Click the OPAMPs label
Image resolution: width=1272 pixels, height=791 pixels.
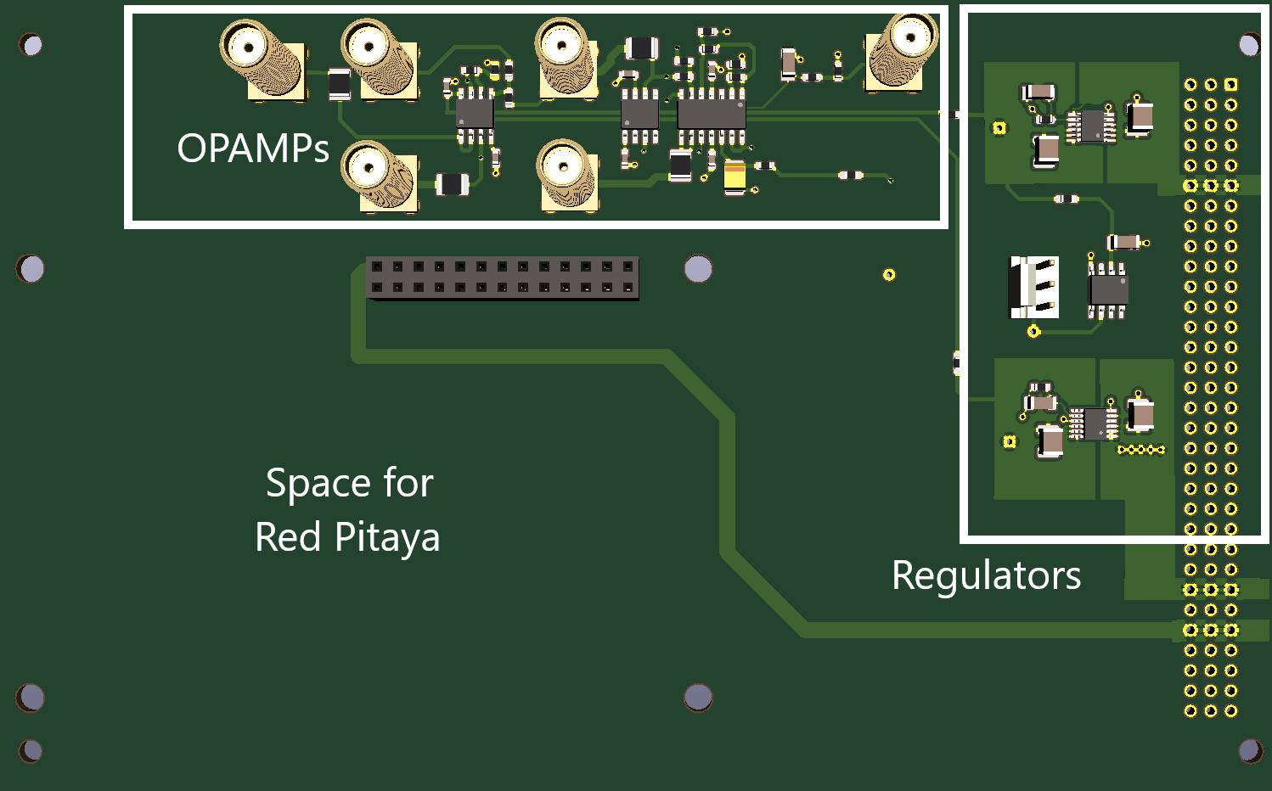tap(253, 149)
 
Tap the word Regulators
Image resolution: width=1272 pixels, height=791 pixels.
tap(987, 576)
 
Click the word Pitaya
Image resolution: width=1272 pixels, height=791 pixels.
tap(387, 537)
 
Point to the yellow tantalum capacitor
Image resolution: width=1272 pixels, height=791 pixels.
tap(734, 177)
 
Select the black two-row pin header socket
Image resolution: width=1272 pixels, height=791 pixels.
tap(503, 278)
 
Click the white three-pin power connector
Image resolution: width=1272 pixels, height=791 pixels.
tap(1033, 287)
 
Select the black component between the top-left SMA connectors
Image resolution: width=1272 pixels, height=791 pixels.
tap(340, 85)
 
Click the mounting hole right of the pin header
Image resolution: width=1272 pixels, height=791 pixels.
tap(698, 269)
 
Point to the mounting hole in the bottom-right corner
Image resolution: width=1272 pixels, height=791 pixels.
tap(1251, 751)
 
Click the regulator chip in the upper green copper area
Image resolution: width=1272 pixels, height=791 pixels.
tap(1091, 126)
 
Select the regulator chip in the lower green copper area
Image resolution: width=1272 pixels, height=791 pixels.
tap(1094, 424)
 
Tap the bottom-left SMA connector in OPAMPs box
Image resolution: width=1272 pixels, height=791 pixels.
tap(380, 176)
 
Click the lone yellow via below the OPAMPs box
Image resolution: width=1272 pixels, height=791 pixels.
tap(889, 275)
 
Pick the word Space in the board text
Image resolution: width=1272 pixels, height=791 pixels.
tap(318, 484)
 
